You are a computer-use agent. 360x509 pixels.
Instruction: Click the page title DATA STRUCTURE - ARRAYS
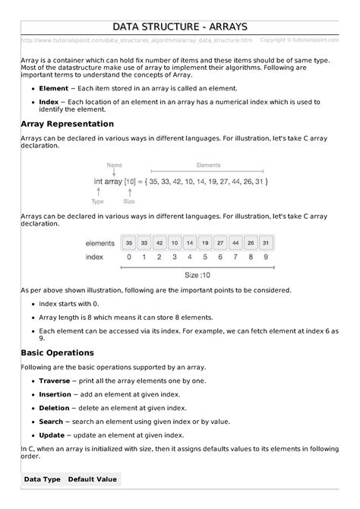coord(180,27)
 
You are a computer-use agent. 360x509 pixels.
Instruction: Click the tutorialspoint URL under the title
coord(137,40)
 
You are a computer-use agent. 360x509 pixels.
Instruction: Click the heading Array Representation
coord(68,123)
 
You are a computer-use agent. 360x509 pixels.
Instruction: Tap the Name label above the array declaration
coord(115,165)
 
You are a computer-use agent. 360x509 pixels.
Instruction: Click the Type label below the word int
coord(98,202)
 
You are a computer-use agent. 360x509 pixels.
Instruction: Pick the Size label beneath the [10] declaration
coord(129,202)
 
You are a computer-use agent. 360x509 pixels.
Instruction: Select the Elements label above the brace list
coord(208,165)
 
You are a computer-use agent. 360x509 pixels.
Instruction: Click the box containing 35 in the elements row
coord(130,243)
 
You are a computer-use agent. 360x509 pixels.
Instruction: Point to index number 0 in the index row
coord(130,258)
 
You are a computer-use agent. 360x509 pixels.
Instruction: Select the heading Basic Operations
coord(58,353)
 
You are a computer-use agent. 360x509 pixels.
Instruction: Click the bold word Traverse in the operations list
coord(54,380)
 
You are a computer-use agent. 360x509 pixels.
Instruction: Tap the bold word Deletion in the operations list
coord(54,407)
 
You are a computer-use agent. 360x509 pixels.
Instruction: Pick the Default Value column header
coord(92,479)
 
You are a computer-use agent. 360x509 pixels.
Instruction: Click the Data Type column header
coord(42,479)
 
